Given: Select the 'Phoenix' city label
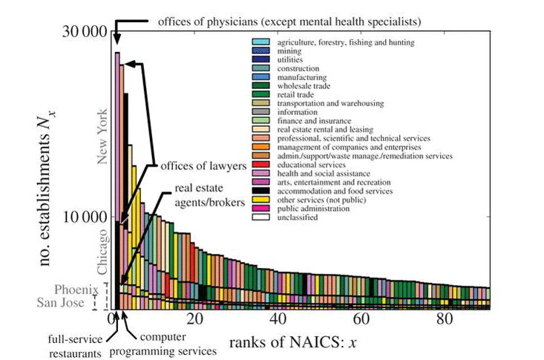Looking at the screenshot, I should click(x=73, y=289).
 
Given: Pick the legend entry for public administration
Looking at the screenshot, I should click(x=309, y=209).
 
